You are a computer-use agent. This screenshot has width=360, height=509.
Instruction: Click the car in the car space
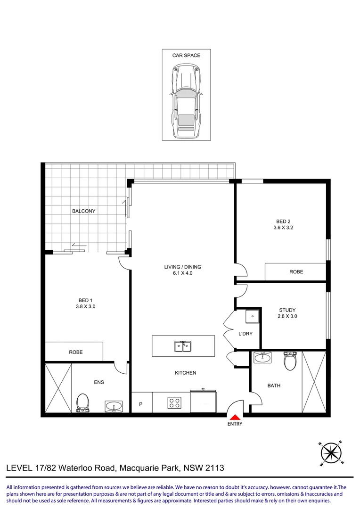pos(186,100)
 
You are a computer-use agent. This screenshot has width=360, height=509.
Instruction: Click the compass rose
pos(331,453)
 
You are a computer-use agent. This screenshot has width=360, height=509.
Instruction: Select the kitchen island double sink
pos(183,346)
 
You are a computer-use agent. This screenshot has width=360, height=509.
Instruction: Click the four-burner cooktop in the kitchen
pos(174,403)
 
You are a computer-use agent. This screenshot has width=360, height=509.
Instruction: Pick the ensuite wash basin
pos(114,406)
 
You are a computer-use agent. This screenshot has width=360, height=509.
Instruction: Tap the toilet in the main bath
pos(290,361)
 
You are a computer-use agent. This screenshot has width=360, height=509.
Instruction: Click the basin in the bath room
pos(262,357)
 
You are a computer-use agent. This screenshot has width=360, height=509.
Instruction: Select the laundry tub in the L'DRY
pos(252,317)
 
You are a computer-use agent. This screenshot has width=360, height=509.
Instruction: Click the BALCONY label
pos(84,211)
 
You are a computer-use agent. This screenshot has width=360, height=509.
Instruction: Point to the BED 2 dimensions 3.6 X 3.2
pos(283,228)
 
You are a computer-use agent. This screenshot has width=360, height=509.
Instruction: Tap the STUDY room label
pos(287,310)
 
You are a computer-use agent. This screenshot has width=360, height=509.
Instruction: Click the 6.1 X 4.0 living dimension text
pos(183,273)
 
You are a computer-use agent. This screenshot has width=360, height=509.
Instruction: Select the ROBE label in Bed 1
pos(76,352)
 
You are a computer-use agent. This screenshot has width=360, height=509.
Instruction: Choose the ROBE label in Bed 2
pos(296,272)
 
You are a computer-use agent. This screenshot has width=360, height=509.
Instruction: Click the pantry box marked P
pos(141,402)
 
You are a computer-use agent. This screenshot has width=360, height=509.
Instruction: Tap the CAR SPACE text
pos(186,56)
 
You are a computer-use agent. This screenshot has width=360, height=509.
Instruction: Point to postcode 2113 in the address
pos(215,468)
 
